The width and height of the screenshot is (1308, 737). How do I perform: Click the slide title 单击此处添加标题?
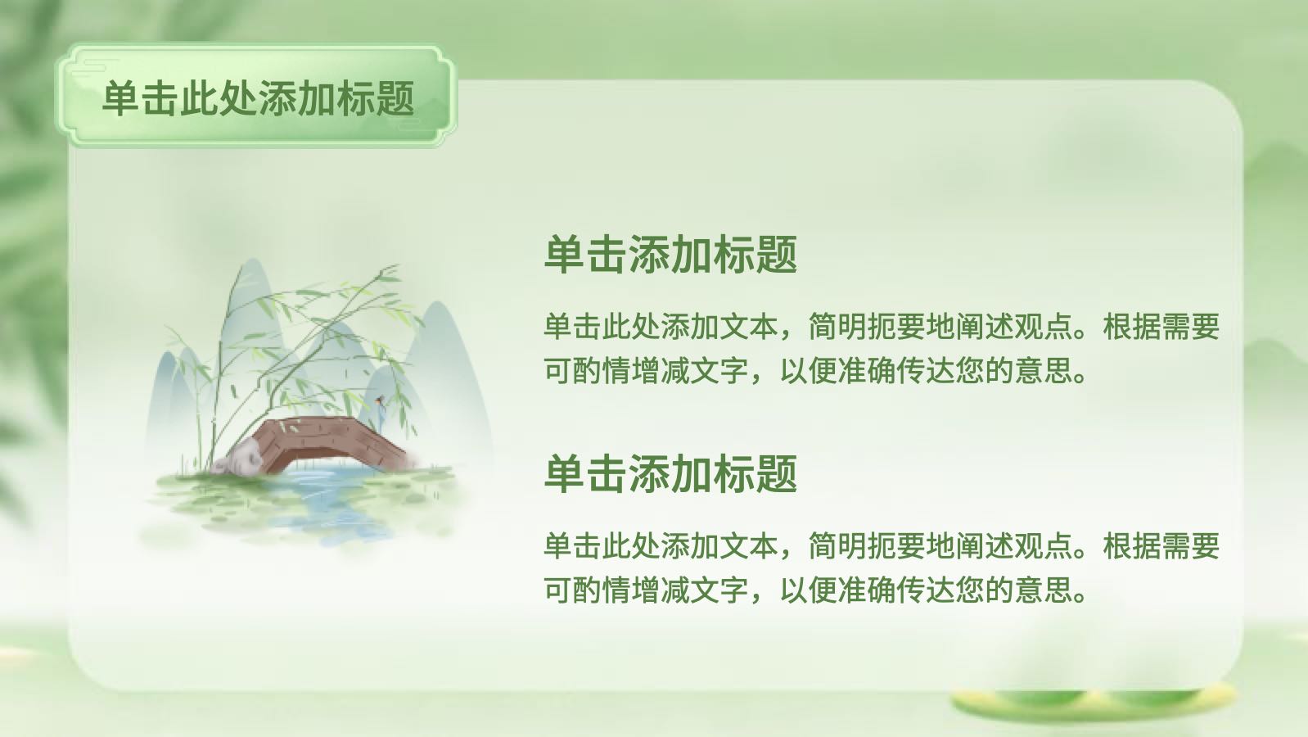[x=258, y=97]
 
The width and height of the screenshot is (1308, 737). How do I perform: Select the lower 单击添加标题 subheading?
[x=670, y=473]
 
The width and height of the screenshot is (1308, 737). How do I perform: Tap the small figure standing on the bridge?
[x=381, y=414]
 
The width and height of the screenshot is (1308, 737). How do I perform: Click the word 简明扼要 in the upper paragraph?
[x=867, y=327]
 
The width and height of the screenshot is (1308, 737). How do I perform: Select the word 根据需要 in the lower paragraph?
[x=1161, y=546]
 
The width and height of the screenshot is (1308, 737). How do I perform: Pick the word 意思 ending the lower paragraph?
[x=1044, y=590]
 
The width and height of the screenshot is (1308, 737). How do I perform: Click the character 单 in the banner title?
[x=121, y=97]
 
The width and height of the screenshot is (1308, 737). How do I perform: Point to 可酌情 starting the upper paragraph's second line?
[x=588, y=371]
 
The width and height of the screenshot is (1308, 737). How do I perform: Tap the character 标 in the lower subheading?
[x=734, y=473]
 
